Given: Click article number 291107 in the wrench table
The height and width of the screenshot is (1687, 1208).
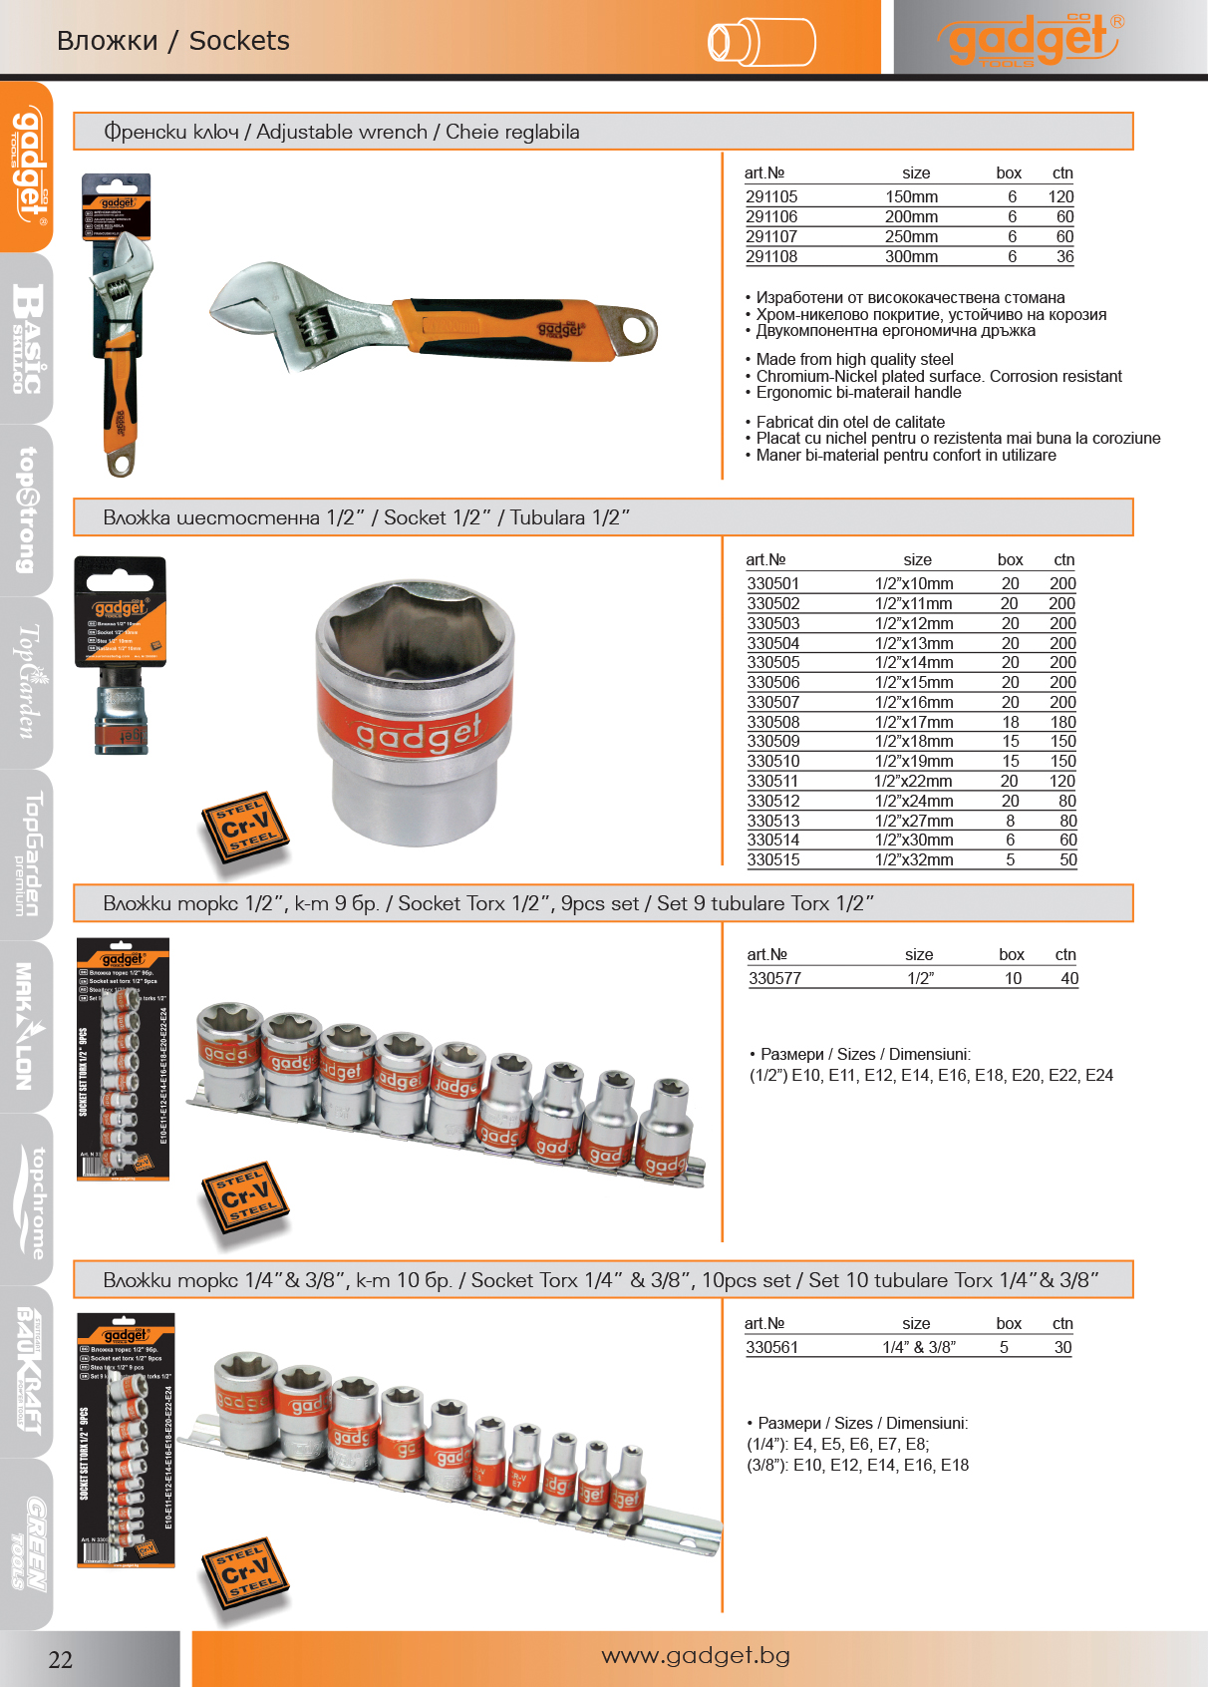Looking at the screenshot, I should (x=771, y=237).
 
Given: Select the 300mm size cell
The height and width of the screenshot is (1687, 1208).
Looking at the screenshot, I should (x=911, y=257).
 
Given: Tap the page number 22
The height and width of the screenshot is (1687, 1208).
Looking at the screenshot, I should (x=61, y=1659).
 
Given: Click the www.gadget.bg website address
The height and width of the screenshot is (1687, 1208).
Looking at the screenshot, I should (x=696, y=1656).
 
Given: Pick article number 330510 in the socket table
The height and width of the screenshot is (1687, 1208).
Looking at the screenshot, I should (x=773, y=762).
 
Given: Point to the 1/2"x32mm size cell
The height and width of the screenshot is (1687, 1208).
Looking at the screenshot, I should (x=914, y=860).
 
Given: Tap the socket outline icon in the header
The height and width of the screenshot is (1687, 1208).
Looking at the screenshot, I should (x=761, y=42).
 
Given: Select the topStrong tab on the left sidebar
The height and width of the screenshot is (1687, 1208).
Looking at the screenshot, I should (x=27, y=509).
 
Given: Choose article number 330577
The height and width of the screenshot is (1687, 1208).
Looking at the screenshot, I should (x=774, y=979).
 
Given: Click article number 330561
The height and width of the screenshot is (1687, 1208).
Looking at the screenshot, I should (x=771, y=1348).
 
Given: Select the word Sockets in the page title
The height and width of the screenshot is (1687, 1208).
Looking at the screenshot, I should (x=239, y=41).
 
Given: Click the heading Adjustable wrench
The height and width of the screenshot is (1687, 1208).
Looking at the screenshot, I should (x=342, y=132).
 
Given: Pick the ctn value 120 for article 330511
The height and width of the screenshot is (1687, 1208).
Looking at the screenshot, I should (x=1062, y=782).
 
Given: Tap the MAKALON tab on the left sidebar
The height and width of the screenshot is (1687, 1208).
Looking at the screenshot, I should (x=27, y=1026).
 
